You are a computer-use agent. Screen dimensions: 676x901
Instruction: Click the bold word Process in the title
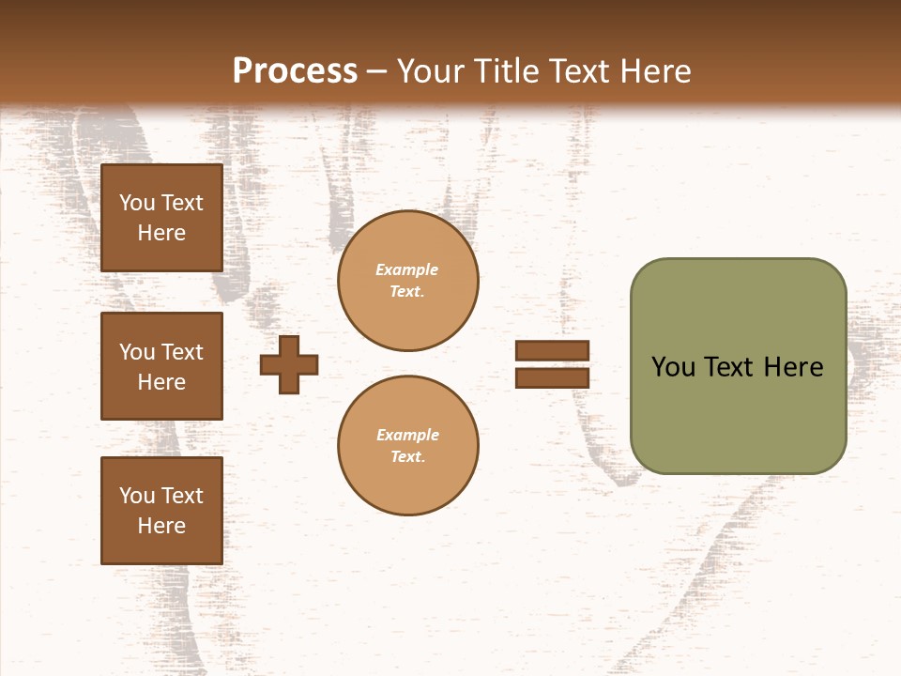295,71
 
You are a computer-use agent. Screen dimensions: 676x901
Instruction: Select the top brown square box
161,218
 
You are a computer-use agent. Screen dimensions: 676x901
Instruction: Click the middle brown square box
161,366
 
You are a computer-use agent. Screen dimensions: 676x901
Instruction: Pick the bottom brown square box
161,510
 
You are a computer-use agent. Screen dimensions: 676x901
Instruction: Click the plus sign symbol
289,364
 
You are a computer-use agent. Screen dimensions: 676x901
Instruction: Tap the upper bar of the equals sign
552,350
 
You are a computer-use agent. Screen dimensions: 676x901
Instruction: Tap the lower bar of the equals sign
552,377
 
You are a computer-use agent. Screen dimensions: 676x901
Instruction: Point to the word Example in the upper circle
407,269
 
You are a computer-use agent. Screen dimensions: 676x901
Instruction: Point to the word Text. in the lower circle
407,456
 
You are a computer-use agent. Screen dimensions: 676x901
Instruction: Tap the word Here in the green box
793,367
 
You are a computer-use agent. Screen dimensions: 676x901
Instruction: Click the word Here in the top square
161,233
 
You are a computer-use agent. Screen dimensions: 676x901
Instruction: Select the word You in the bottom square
137,495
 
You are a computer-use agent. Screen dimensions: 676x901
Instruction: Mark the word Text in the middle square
182,352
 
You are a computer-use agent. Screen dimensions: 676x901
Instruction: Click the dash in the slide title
377,72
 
